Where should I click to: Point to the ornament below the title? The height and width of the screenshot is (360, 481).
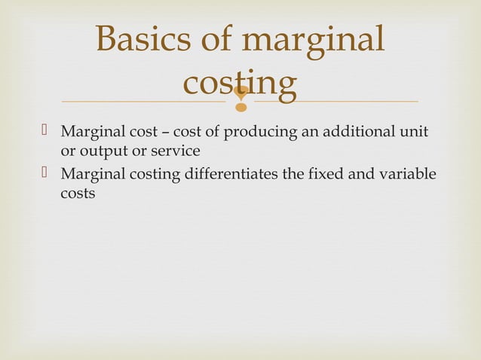pos(240,97)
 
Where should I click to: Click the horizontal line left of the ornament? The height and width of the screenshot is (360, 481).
pos(143,101)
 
